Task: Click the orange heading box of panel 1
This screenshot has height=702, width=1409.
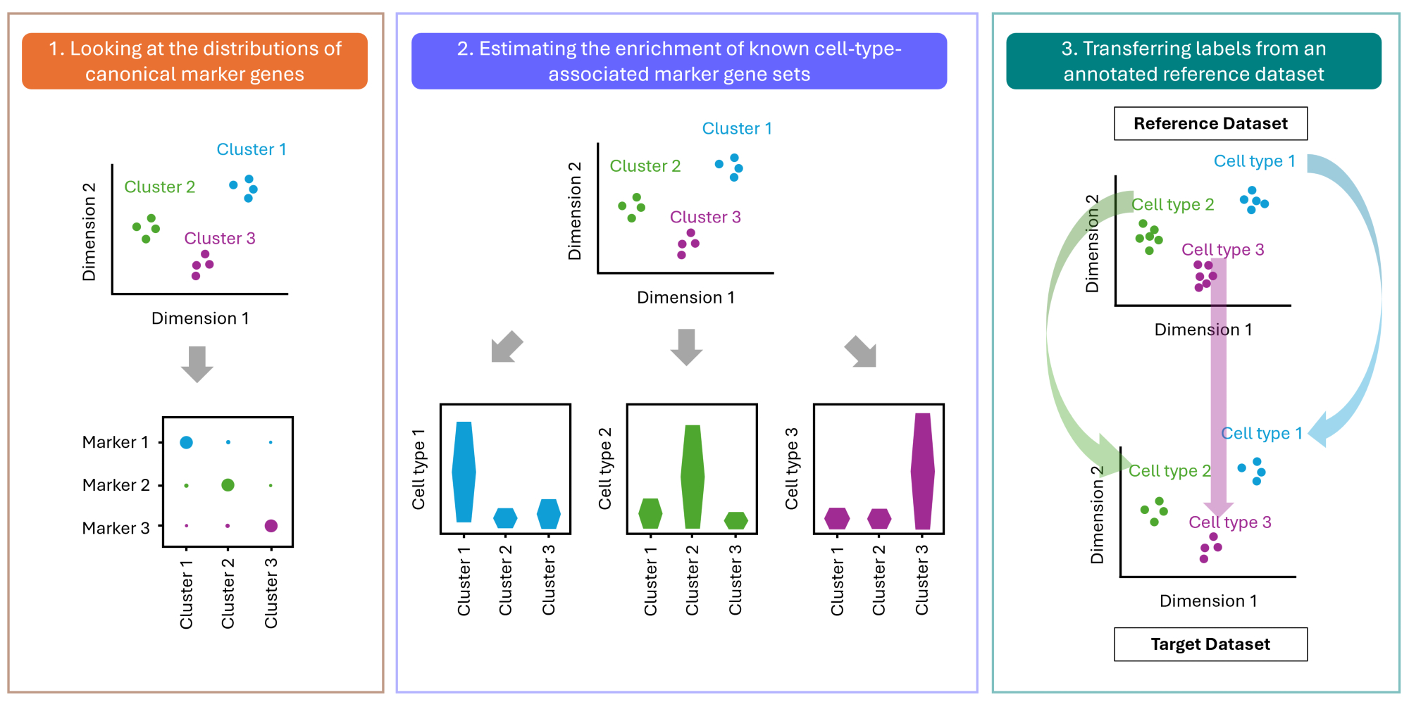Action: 194,61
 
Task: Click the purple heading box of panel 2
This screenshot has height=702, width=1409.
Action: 678,61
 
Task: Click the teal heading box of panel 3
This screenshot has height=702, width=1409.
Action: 1193,61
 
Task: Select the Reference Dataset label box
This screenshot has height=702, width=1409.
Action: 1210,124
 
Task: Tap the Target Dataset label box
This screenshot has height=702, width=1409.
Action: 1210,644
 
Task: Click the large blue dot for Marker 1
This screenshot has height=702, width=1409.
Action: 186,442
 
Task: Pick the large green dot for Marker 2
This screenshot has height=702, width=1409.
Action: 228,485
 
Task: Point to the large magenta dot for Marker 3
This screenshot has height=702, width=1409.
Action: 271,526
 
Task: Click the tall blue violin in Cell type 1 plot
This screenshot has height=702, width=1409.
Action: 464,472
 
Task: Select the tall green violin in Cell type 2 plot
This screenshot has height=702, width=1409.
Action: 693,477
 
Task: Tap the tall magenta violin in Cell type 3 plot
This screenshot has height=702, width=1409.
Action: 922,471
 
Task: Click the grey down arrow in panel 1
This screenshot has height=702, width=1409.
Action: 197,363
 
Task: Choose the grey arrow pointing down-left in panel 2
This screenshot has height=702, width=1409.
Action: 507,347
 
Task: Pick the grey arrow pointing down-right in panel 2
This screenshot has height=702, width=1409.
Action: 861,351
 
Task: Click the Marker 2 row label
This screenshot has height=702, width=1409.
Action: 116,485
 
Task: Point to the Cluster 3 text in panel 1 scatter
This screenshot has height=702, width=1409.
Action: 219,239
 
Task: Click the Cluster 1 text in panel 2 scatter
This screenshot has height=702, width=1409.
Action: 737,129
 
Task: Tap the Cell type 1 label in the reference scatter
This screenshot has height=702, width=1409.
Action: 1254,161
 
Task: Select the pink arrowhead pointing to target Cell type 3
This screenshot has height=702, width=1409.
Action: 1218,508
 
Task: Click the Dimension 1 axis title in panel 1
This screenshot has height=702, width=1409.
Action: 200,318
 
